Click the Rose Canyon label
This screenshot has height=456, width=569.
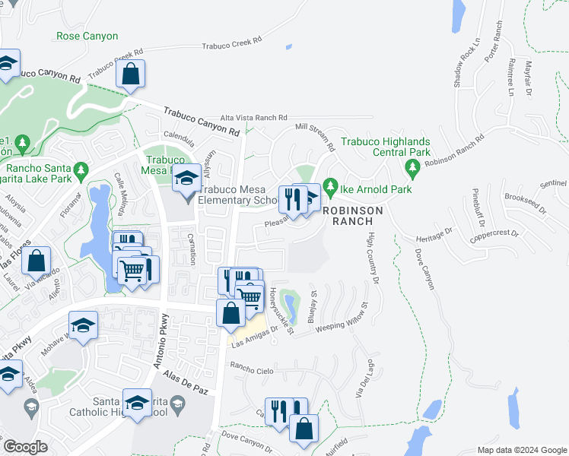(x=87, y=36)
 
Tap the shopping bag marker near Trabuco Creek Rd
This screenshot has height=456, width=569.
(x=131, y=74)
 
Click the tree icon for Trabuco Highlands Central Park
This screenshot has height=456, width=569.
(x=413, y=166)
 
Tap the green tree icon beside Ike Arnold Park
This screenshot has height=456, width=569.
(x=329, y=185)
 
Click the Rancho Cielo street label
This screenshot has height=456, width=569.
(x=252, y=369)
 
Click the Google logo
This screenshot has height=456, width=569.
(x=26, y=447)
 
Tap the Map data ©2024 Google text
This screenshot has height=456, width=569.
(x=520, y=450)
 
